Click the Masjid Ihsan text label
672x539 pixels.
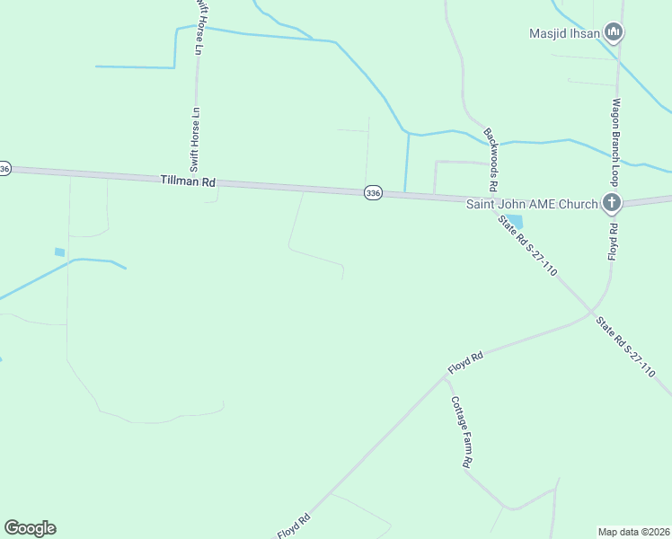pos(563,34)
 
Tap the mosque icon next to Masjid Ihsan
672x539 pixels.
pos(614,33)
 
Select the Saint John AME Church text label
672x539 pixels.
pos(531,204)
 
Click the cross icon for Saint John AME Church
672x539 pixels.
pos(611,202)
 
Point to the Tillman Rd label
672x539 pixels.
pos(189,181)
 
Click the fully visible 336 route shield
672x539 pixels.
pos(374,192)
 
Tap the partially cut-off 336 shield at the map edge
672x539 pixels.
pos(4,169)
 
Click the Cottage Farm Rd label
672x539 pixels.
pos(461,432)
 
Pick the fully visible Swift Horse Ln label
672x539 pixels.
pos(194,139)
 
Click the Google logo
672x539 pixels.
pos(30,528)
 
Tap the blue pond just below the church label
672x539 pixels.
pos(514,221)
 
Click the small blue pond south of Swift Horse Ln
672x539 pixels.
pos(60,252)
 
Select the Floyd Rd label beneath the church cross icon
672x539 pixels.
pos(614,240)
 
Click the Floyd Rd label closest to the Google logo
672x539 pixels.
pos(294,526)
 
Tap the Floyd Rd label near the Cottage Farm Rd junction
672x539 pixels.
pos(466,363)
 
